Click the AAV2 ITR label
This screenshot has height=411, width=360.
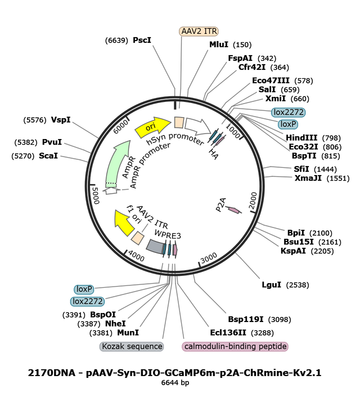(x=199, y=32)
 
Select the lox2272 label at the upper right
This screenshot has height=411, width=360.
(x=288, y=112)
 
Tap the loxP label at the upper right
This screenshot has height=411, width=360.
(x=287, y=124)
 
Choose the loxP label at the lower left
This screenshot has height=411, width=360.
(x=84, y=289)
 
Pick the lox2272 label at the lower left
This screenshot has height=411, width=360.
(x=87, y=301)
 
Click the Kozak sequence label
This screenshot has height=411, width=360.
(x=132, y=346)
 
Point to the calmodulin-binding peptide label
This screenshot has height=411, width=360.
(x=235, y=346)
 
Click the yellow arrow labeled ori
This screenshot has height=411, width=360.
(x=152, y=127)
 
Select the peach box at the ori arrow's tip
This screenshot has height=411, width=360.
(x=178, y=122)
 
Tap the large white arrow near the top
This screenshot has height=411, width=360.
(x=197, y=126)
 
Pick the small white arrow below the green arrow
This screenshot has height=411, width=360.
(x=110, y=191)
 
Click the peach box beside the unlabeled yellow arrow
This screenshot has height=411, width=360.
(x=137, y=238)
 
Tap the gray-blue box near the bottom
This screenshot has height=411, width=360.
(x=154, y=245)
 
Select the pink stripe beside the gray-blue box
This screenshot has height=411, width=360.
(x=175, y=249)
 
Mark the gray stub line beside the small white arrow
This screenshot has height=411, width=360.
(x=124, y=190)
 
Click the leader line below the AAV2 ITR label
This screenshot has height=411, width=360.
(x=181, y=68)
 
